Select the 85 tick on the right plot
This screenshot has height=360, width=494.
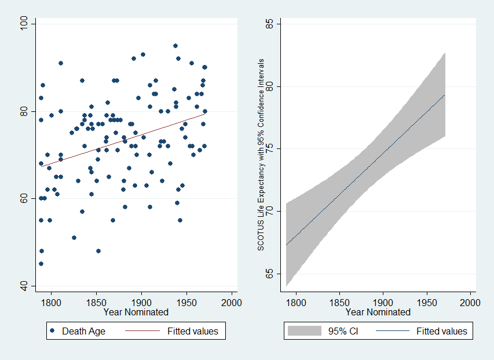pos(269,24)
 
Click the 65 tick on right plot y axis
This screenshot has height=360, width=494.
pos(269,274)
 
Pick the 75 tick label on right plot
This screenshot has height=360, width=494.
pos(269,149)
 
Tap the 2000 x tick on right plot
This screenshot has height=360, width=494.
pos(470,302)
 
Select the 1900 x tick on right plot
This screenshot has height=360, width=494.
pos(383,302)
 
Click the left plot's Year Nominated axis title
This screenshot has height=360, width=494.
pos(136,312)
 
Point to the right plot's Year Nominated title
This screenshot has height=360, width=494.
pos(378,312)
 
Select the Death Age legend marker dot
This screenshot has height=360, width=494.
pos(53,331)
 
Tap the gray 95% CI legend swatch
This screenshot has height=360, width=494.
pos(305,331)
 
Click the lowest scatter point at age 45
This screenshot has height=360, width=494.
pos(41,264)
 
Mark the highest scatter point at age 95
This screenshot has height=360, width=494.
pos(175,46)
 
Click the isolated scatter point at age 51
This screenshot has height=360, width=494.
pos(74,238)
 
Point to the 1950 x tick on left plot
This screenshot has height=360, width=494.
pos(186,302)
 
